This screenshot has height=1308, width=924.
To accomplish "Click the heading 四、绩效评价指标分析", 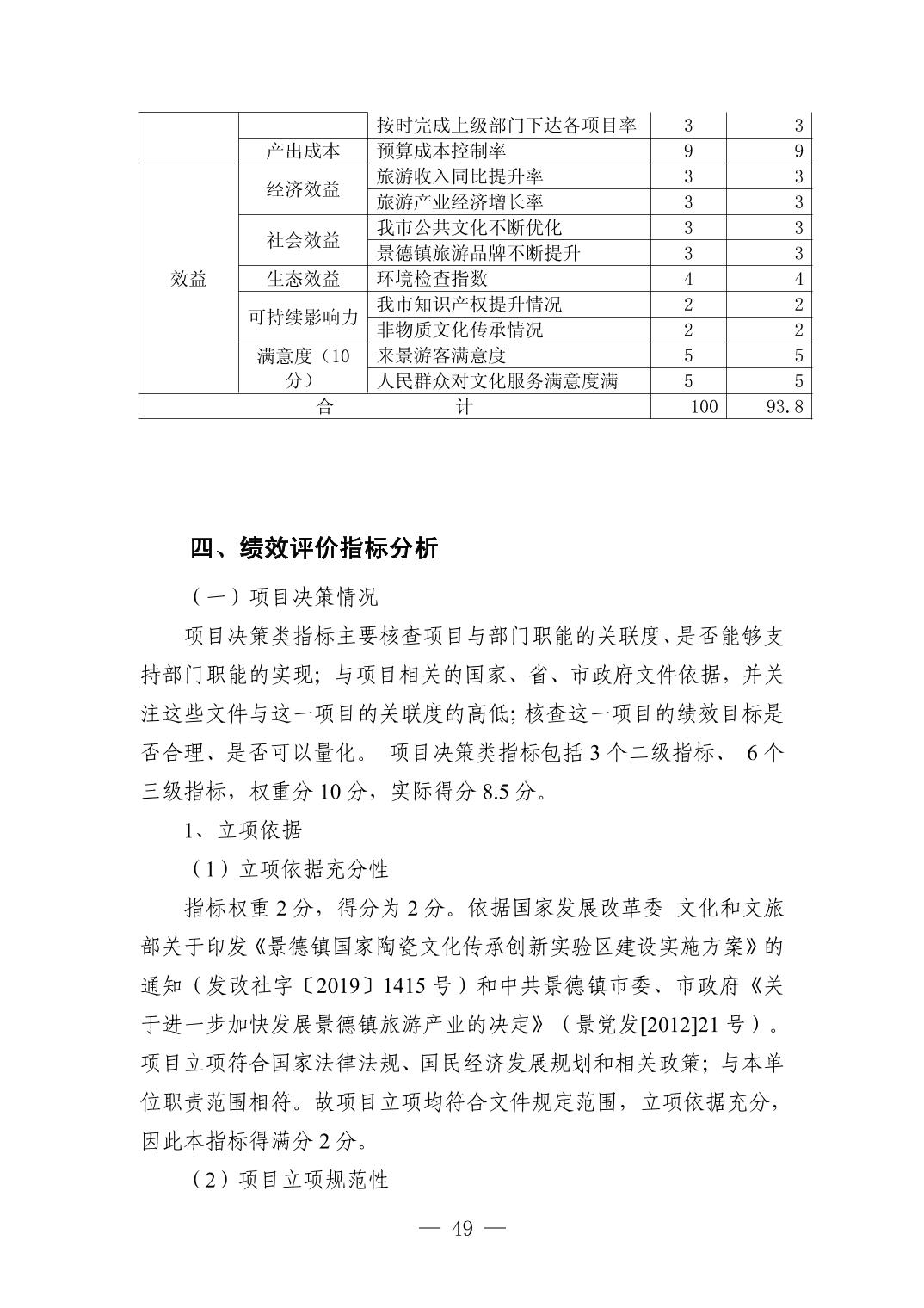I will (x=314, y=548).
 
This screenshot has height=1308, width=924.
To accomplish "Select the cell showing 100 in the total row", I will (x=703, y=406).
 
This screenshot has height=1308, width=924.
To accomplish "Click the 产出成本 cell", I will (x=303, y=151).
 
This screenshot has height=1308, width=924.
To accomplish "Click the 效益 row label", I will (x=188, y=279).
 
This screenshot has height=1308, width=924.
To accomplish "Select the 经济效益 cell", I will (x=303, y=189).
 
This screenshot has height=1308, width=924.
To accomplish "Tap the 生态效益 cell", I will (x=303, y=279).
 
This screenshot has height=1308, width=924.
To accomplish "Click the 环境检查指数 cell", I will (x=433, y=279).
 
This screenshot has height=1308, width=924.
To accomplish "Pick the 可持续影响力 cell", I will (x=303, y=317).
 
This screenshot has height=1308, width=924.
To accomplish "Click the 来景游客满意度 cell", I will (x=441, y=355).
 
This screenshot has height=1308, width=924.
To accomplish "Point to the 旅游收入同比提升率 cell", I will (x=460, y=176).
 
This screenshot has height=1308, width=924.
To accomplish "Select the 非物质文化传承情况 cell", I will (x=460, y=330).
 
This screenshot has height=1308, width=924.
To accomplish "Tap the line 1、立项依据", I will (x=243, y=830).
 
